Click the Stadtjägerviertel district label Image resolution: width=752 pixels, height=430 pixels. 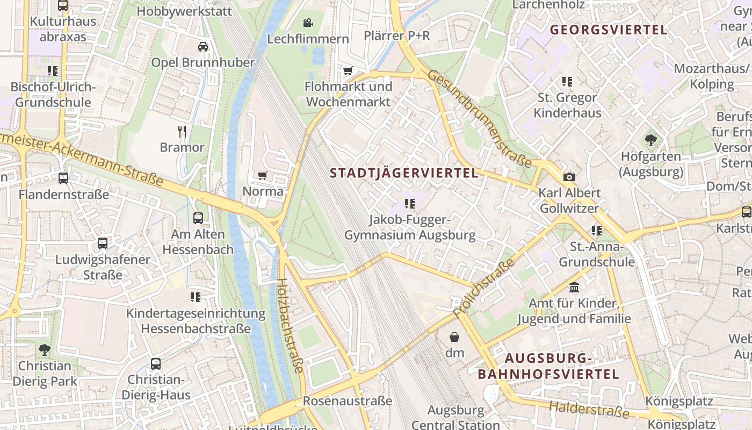click(x=403, y=173)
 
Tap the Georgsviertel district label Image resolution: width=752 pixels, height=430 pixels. click(x=609, y=30)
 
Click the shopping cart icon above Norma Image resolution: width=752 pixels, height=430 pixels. click(x=263, y=175)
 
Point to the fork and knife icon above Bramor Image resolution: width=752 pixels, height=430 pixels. click(x=182, y=131)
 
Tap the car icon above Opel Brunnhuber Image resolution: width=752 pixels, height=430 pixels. click(x=203, y=47)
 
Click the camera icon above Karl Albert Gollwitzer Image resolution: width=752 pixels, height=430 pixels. click(x=569, y=177)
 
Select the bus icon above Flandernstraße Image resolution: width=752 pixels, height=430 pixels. click(x=63, y=178)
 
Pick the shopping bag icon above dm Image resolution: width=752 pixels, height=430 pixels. click(x=454, y=337)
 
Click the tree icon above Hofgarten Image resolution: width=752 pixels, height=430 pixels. click(x=651, y=141)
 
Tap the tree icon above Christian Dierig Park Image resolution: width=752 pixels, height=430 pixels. click(x=45, y=350)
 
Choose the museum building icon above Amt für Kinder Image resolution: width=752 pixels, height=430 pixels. click(x=574, y=288)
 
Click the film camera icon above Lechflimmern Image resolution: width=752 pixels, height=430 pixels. click(x=308, y=23)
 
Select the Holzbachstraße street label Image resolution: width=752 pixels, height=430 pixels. click(x=290, y=326)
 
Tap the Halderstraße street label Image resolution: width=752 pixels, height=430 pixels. click(x=589, y=410)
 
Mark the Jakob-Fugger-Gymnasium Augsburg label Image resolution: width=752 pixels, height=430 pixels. click(x=410, y=227)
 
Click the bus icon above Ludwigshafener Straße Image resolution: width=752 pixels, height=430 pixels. click(x=103, y=243)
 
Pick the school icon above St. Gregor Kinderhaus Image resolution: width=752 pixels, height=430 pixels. click(x=567, y=82)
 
